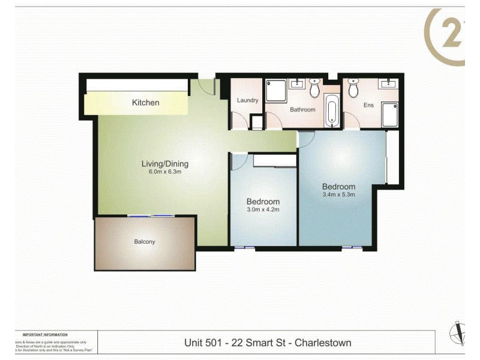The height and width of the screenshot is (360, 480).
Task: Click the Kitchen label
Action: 146,103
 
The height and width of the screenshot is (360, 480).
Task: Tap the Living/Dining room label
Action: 165,163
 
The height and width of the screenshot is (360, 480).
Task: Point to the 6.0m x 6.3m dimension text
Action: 165,172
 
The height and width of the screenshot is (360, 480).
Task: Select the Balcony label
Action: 144,242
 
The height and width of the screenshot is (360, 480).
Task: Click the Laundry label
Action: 247,100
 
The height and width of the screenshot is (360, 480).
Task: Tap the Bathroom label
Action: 302,110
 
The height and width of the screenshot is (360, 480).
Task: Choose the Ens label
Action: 368,105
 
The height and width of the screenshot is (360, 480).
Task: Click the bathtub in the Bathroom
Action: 332,111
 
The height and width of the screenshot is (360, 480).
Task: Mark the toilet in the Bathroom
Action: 315,89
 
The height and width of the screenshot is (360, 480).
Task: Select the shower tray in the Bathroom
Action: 277,91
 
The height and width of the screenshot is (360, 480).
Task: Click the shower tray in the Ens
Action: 389,115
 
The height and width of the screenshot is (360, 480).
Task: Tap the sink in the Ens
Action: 388,83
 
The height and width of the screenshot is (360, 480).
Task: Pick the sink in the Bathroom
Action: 297,83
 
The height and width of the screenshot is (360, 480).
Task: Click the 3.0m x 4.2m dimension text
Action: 263,209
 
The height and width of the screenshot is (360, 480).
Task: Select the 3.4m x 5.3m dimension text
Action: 338,194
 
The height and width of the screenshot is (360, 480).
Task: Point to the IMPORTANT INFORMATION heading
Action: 45,334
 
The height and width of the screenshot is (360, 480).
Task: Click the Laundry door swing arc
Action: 239,122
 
